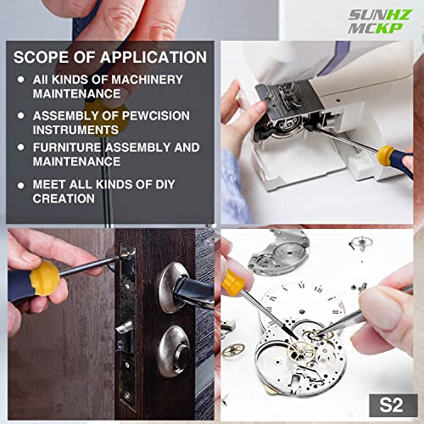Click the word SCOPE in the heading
[42, 58]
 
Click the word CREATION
[64, 198]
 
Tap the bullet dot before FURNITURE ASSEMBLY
[21, 148]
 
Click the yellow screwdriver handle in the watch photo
[233, 281]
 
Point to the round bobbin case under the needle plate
[280, 136]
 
